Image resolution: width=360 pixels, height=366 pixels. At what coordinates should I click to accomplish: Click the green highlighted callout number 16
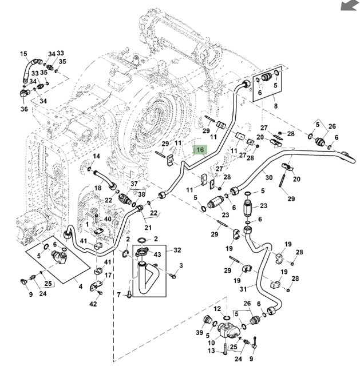[x=200, y=150]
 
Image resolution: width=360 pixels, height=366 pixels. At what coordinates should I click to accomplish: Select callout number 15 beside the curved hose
[x=23, y=54]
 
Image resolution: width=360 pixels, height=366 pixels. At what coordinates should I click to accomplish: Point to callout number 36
[x=23, y=109]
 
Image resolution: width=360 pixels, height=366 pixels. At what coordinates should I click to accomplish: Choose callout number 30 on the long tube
[x=268, y=177]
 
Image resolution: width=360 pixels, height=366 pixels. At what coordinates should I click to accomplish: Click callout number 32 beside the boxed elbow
[x=177, y=250]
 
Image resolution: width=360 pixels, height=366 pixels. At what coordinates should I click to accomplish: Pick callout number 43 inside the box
[x=157, y=253]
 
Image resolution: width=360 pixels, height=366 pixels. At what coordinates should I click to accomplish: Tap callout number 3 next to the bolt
[x=181, y=266]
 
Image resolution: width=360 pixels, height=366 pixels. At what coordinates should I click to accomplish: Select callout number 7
[x=119, y=295]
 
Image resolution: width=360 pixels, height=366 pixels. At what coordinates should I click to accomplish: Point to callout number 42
[x=93, y=304]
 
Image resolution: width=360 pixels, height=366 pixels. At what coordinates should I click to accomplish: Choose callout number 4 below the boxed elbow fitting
[x=81, y=285]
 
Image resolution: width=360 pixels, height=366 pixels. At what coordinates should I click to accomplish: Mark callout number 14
[x=96, y=156]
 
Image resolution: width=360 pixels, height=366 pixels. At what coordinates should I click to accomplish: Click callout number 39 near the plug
[x=199, y=333]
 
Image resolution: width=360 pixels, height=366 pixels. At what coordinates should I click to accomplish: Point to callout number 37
[x=134, y=184]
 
